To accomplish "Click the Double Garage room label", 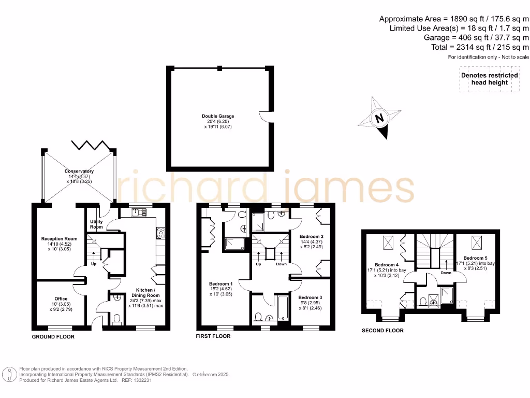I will tap(218, 116).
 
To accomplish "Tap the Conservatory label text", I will tap(79, 171).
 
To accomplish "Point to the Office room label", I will tap(61, 298).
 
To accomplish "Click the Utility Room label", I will tap(97, 224).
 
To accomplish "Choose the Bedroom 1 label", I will tap(220, 284).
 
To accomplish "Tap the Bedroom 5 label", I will tap(475, 258).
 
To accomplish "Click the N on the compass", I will tap(379, 118).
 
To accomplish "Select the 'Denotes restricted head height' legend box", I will tap(489, 79).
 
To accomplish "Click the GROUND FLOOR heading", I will tap(53, 337).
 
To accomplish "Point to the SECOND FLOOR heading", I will tap(382, 330).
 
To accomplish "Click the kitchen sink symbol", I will tap(138, 211).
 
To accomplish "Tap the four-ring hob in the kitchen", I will tap(160, 233).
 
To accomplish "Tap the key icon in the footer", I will tap(9, 374).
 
